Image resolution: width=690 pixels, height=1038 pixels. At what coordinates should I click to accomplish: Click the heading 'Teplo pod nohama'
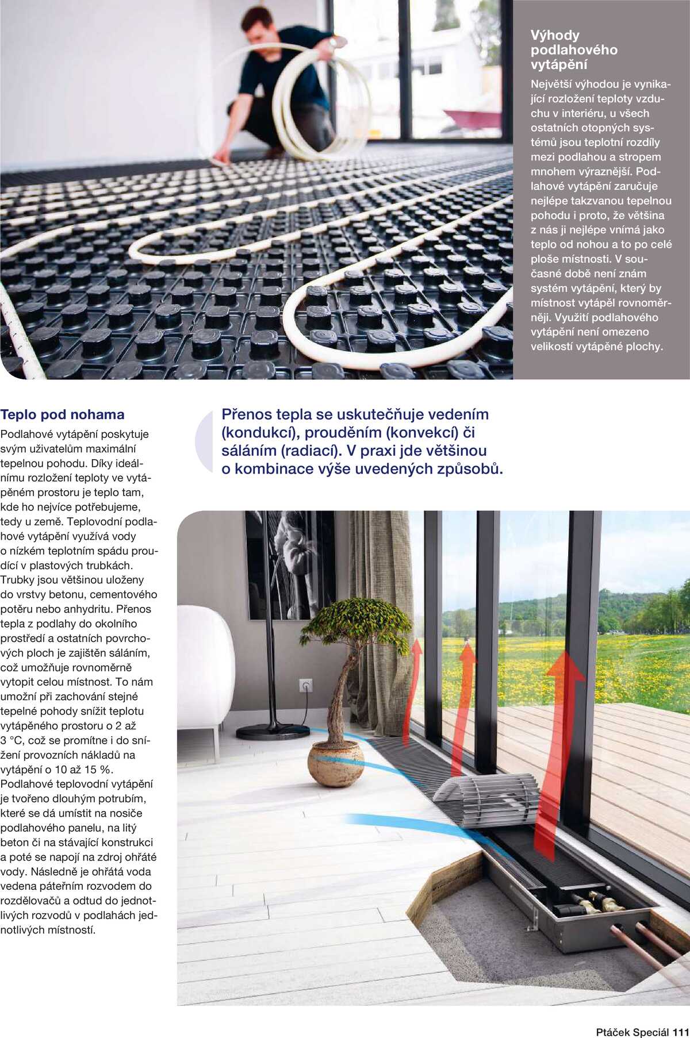62,415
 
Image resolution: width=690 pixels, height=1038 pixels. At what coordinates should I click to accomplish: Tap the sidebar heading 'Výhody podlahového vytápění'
573,50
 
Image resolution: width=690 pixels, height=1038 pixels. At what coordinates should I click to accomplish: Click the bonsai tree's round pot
336,763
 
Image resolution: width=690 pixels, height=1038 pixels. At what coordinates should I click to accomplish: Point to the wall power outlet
306,686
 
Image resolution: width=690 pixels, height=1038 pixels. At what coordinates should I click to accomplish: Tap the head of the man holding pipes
257,26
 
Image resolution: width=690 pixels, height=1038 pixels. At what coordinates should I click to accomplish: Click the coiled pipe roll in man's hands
322,98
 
